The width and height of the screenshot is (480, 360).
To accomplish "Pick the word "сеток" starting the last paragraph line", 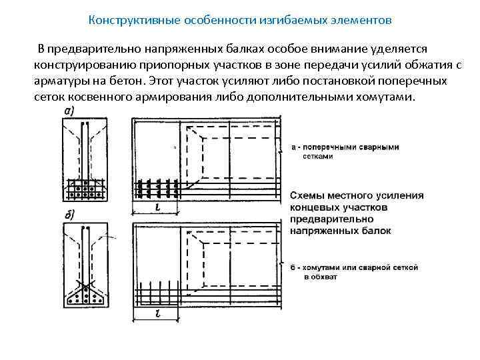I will pyautogui.click(x=48, y=96).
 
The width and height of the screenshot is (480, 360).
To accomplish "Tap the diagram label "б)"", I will pyautogui.click(x=68, y=214).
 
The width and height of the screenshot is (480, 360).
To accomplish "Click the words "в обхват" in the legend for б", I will pyautogui.click(x=321, y=275).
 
